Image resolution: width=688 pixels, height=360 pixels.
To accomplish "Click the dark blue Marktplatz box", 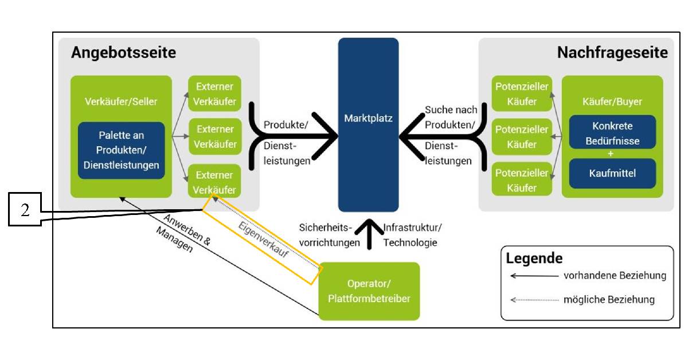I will [368, 125].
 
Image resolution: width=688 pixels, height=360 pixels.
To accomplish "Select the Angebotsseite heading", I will [123, 53].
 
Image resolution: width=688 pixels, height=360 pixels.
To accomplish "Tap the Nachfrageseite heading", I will [612, 53].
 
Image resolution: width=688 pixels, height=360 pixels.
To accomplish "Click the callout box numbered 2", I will [25, 210].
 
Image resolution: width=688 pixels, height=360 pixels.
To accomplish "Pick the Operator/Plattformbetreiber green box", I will [369, 291].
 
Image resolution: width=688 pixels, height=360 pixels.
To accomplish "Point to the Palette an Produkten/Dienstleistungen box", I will [122, 151].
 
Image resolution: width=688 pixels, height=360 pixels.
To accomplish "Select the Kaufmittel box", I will [612, 173].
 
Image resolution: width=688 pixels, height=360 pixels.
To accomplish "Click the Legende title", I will [534, 258].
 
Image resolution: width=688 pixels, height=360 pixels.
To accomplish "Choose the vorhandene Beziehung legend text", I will [615, 276].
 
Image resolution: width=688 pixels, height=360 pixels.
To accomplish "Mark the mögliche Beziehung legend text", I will [609, 300].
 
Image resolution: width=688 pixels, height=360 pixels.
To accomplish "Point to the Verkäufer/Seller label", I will [121, 101].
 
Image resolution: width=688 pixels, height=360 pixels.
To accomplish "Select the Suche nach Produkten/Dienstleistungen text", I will [451, 136].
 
